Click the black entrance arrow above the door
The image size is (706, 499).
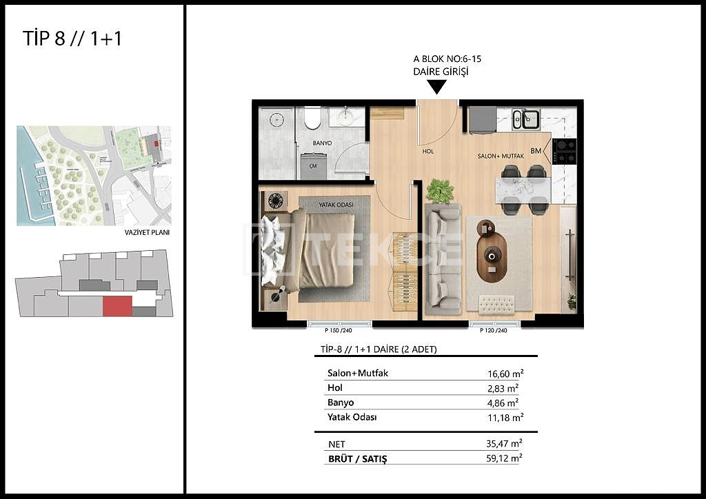coord(436,87)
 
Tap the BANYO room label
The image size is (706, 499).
coord(322,143)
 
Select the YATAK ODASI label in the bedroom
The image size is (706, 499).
coord(335,204)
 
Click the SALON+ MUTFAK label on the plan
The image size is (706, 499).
coord(501,156)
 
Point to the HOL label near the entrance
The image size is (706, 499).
coord(428,151)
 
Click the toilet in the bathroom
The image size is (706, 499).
coord(312,119)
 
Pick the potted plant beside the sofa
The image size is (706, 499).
coord(440,190)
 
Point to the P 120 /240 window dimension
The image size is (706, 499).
coord(494,330)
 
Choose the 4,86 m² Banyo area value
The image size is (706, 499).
coord(503,403)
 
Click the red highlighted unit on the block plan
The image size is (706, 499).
coord(117,307)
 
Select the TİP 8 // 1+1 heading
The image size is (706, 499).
coord(72,39)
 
